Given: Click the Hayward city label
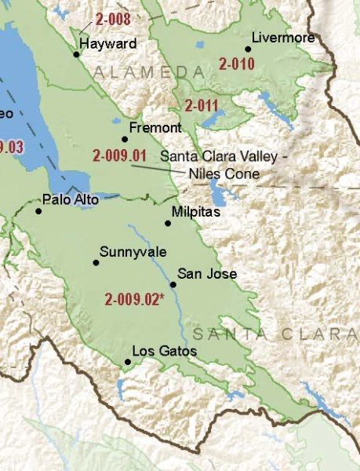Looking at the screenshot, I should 107,44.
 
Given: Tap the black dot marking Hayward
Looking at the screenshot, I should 77,54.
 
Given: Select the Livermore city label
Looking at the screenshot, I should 283,38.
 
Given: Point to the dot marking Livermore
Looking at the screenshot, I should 248,49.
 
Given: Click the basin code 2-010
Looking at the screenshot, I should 237,64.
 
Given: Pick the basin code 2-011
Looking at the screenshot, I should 202,104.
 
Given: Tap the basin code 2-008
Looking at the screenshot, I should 113,19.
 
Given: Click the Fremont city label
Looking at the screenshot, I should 155,127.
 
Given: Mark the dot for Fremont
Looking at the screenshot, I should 124,139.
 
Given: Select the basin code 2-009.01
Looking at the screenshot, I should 119,155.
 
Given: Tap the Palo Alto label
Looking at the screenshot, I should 71,200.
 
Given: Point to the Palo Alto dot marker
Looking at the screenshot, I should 38,210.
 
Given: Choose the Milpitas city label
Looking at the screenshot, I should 195,212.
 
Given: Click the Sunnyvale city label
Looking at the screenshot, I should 128,252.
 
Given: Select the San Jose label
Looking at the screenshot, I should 206,273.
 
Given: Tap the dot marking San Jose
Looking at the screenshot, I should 173,284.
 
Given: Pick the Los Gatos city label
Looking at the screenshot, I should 165,351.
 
